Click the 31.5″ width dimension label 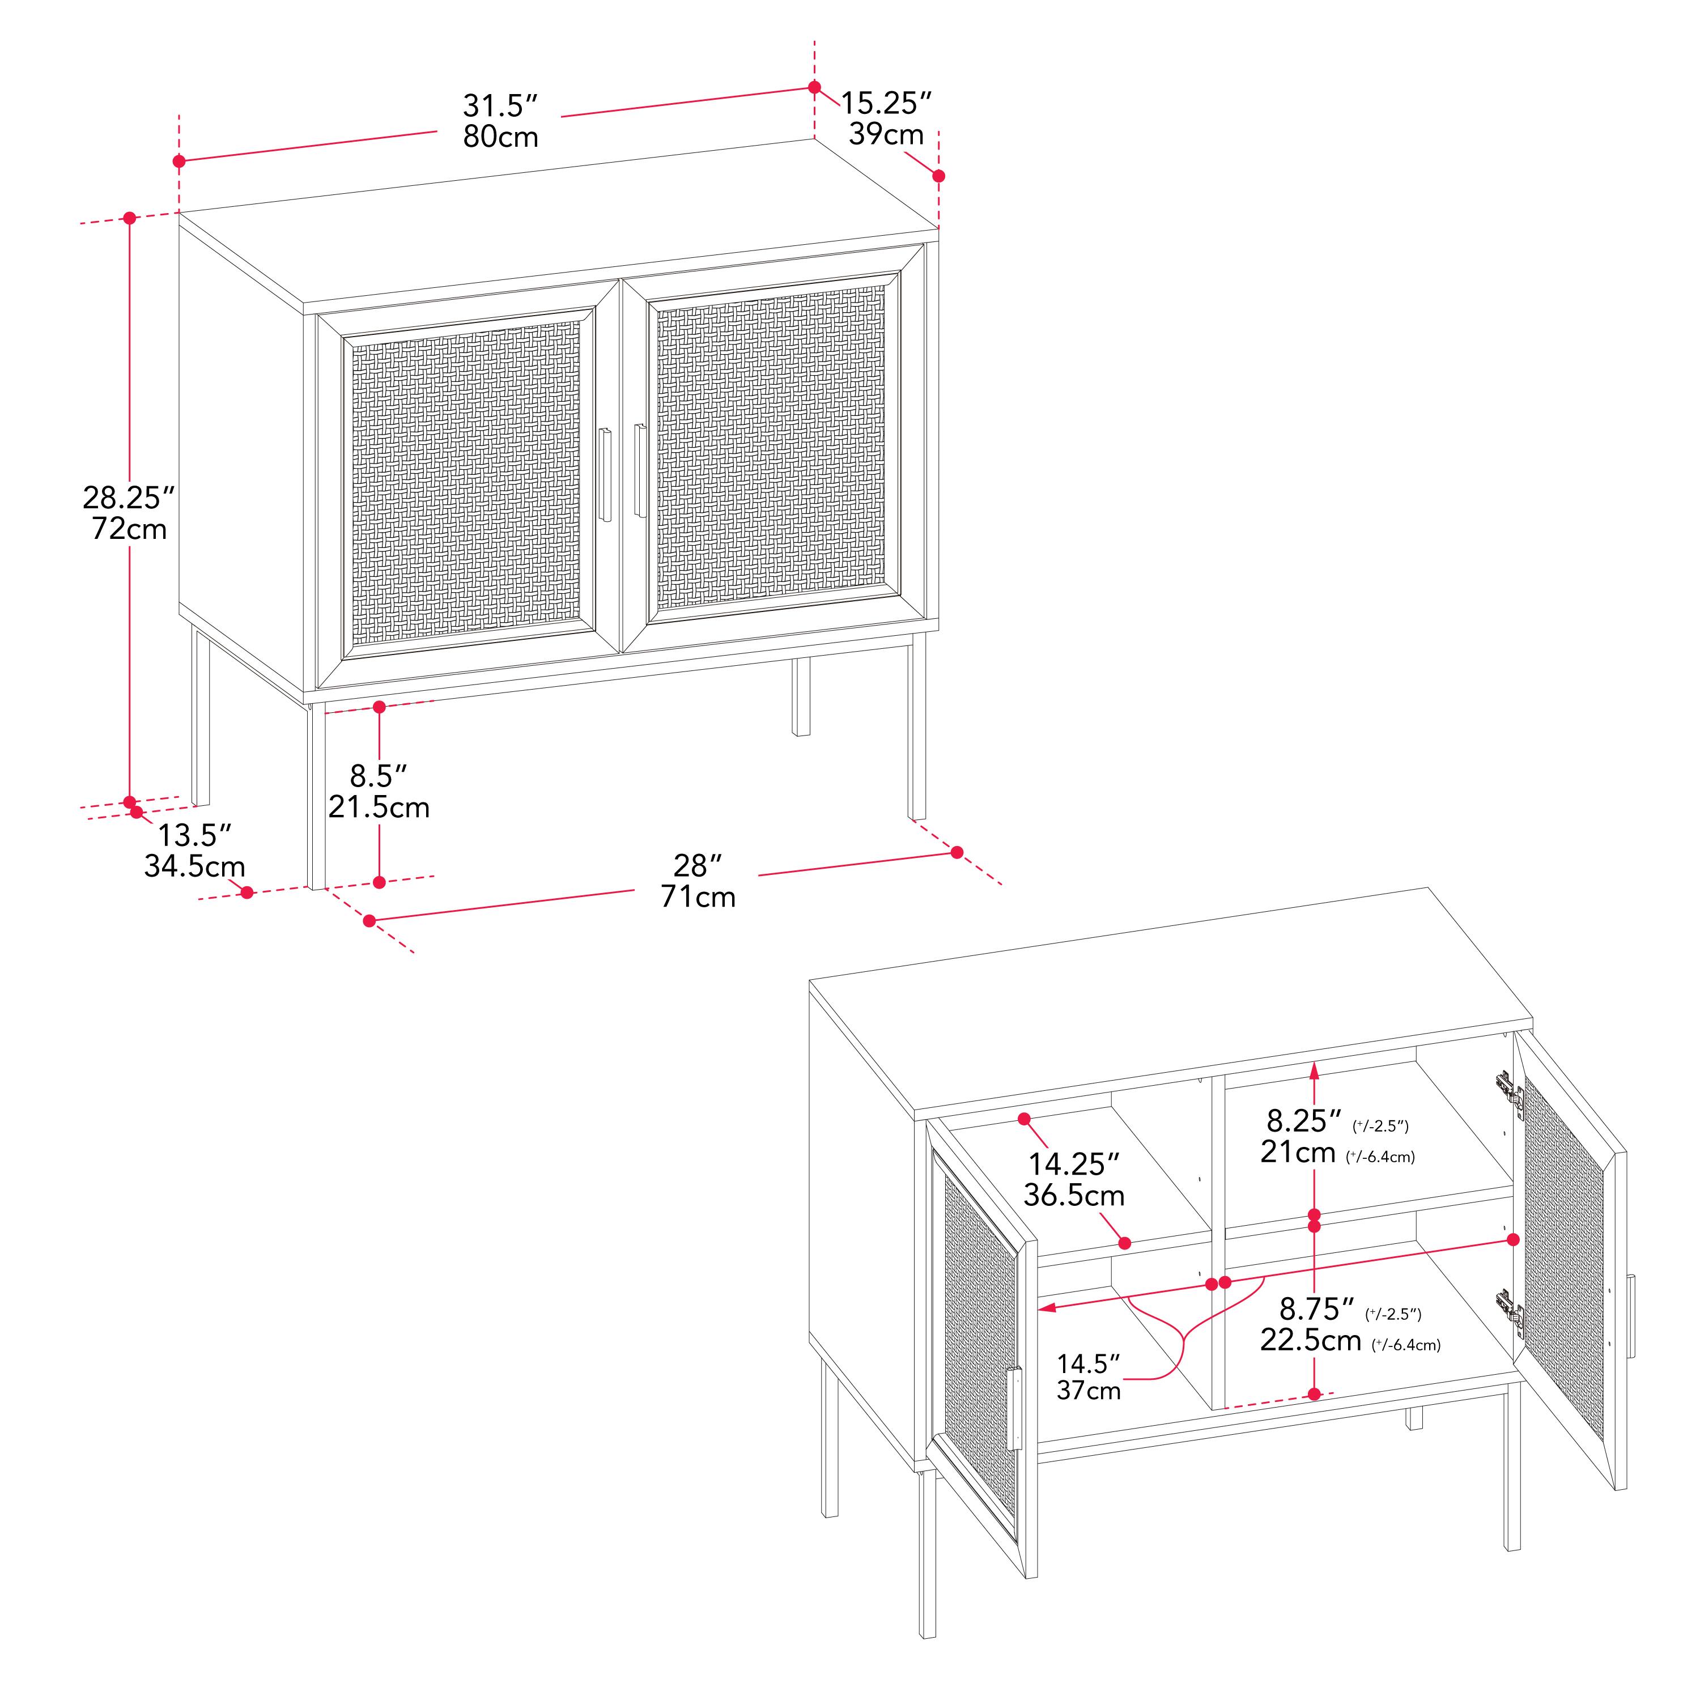pos(500,105)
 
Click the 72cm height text pos(129,529)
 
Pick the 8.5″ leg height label pos(379,776)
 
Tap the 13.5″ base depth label pos(194,834)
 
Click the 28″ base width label pos(698,866)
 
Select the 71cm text pos(698,896)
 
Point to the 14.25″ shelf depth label pos(1073,1164)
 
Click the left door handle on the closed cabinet pos(605,475)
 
